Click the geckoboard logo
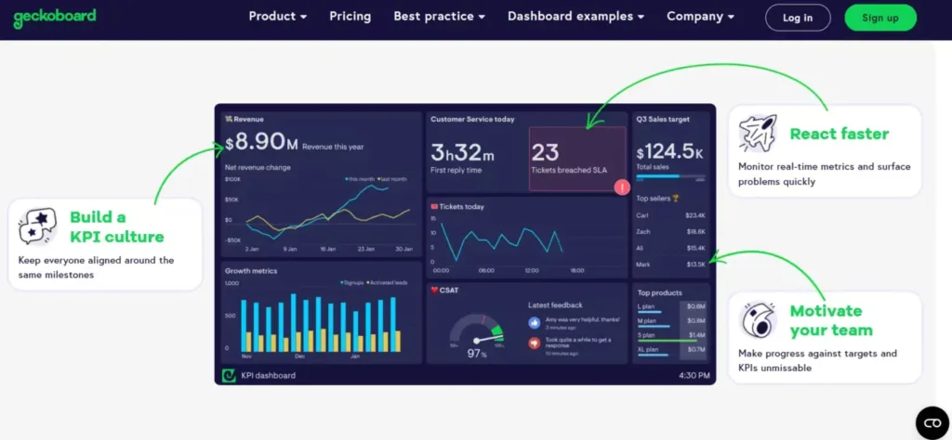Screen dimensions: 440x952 [x=55, y=17]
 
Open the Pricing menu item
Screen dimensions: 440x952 [x=350, y=17]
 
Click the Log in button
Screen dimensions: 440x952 [x=797, y=18]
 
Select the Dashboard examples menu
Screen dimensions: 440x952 [x=576, y=17]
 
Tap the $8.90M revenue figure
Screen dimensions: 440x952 [x=261, y=142]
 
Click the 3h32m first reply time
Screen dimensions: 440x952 [x=462, y=152]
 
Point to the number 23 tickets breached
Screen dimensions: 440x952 [x=546, y=152]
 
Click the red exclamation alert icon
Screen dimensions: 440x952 [x=622, y=188]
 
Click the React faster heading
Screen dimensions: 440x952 [x=839, y=134]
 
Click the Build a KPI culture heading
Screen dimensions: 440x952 [x=116, y=226]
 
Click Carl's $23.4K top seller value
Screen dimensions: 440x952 [x=695, y=214]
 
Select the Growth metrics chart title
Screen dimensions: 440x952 [x=251, y=271]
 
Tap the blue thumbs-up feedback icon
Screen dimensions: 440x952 [x=535, y=322]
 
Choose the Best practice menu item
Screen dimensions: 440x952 [x=439, y=17]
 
